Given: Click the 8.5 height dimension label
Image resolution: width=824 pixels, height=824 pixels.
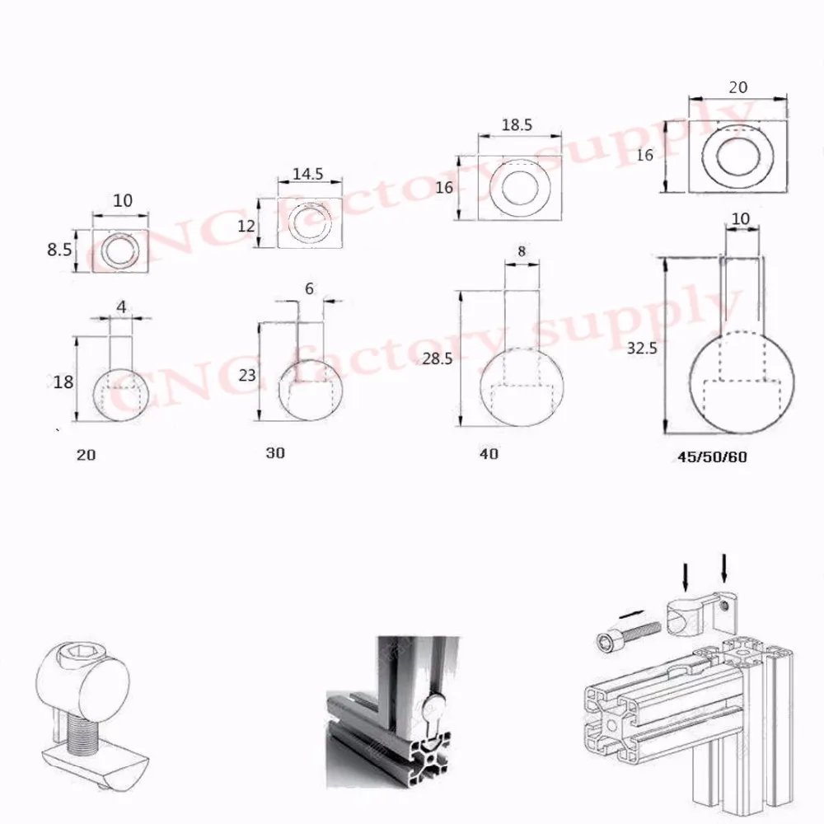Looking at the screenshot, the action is click(x=59, y=249).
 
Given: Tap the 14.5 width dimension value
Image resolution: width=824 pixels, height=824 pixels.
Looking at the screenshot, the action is click(x=308, y=173).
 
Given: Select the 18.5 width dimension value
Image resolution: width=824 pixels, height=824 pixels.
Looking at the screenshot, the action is click(x=517, y=125).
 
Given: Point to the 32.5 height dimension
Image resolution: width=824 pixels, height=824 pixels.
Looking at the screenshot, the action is click(x=642, y=348).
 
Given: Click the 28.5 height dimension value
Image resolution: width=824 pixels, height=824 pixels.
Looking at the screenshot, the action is click(x=438, y=358).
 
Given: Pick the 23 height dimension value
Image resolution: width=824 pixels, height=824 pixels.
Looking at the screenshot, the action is click(x=247, y=375).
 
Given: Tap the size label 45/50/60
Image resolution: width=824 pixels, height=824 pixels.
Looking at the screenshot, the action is click(x=712, y=456).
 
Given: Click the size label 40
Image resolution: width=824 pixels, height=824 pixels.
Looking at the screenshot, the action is click(x=489, y=453).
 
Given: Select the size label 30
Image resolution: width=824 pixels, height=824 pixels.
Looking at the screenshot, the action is click(x=275, y=453).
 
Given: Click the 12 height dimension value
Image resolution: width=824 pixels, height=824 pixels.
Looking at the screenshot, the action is click(x=246, y=226).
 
